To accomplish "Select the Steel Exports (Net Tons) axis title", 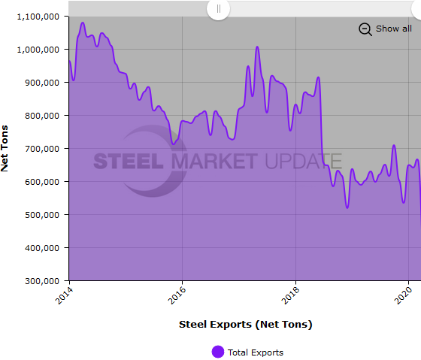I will coord(245,325).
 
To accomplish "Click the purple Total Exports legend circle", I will coord(218,352).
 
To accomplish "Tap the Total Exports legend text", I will coord(256,352).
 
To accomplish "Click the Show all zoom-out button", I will coord(385,29).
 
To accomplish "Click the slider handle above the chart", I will coord(218,9).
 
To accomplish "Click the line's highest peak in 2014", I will coord(83,23).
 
